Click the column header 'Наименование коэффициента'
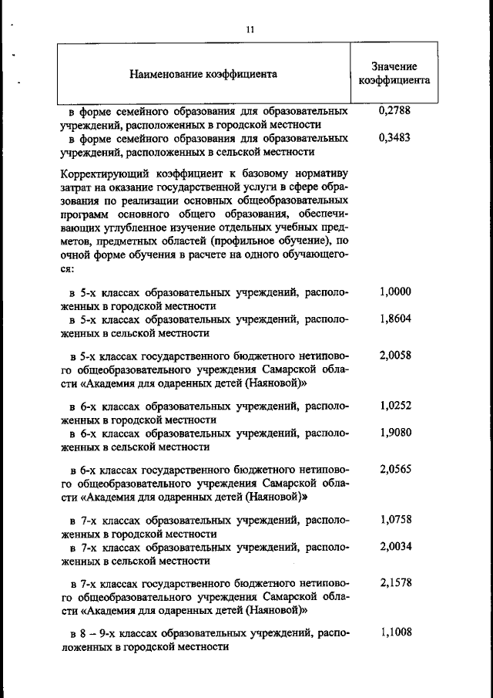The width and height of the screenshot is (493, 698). pyautogui.click(x=203, y=75)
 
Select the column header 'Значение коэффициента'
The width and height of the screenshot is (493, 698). pyautogui.click(x=394, y=73)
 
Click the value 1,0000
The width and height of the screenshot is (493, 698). pyautogui.click(x=395, y=292)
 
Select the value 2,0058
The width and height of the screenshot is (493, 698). pyautogui.click(x=395, y=357)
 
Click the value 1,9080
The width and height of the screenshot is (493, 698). pyautogui.click(x=395, y=432)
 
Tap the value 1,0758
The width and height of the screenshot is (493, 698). pyautogui.click(x=395, y=519)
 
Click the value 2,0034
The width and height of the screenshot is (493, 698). pyautogui.click(x=395, y=546)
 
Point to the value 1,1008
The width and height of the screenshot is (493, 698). pyautogui.click(x=395, y=633)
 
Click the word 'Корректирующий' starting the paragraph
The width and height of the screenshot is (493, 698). pyautogui.click(x=99, y=172)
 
